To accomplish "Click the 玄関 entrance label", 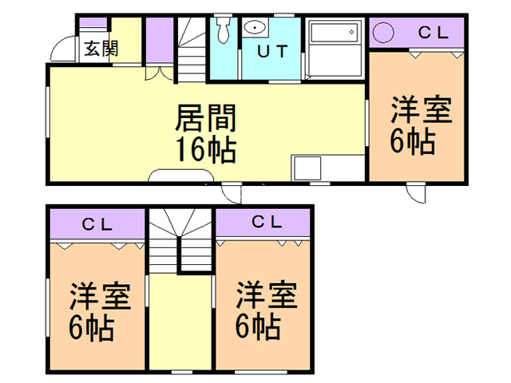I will [x=100, y=47].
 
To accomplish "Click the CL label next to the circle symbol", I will [x=434, y=33].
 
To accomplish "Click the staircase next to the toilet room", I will [x=192, y=48].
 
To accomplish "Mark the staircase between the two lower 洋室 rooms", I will [x=180, y=239].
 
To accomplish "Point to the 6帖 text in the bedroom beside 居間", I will [x=412, y=140].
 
